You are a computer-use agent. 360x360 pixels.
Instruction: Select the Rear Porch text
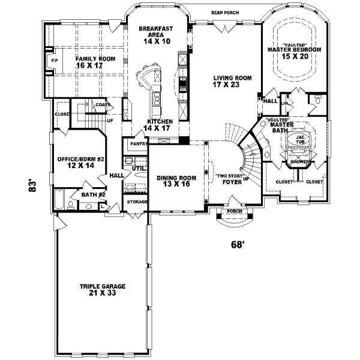[225, 12]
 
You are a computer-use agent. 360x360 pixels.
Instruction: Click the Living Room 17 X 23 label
[232, 82]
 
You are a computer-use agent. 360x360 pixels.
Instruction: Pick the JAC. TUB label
[298, 139]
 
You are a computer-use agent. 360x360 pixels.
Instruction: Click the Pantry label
[134, 144]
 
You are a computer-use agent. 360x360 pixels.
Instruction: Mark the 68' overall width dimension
[239, 244]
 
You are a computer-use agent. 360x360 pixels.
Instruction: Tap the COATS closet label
[101, 104]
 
